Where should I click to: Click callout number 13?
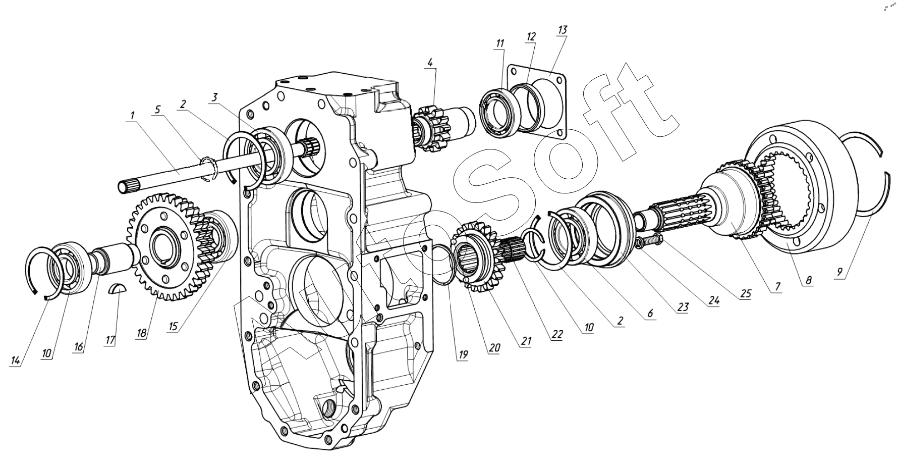coord(562,30)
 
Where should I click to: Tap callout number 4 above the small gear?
coord(430,63)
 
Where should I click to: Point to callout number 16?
coord(78,348)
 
